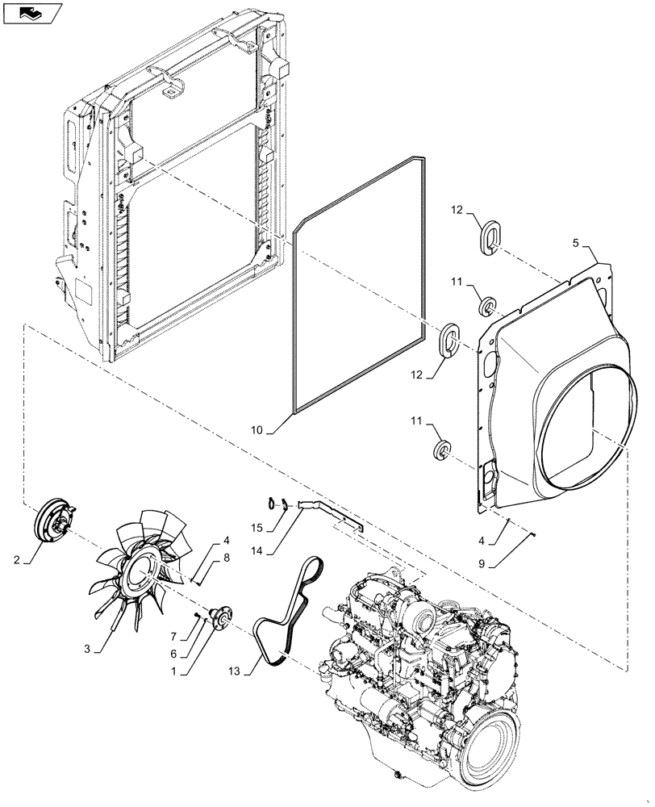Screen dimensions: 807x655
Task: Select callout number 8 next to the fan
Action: click(x=227, y=557)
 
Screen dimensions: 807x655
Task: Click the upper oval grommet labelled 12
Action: click(x=490, y=239)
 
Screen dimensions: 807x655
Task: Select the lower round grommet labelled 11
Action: click(x=442, y=451)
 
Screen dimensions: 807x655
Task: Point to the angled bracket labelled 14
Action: click(x=331, y=513)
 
